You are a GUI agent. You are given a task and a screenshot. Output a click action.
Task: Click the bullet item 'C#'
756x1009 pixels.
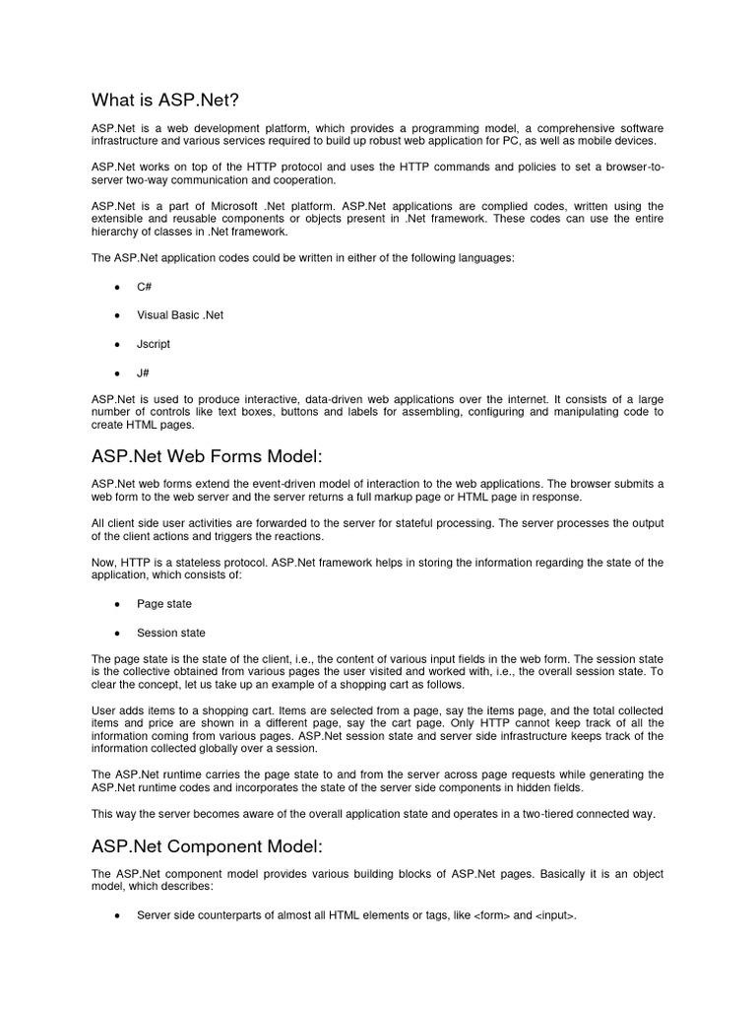(144, 286)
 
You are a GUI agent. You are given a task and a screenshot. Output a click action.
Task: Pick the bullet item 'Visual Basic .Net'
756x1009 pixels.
(180, 315)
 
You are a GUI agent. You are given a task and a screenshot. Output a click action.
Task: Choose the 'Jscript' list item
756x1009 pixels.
(154, 345)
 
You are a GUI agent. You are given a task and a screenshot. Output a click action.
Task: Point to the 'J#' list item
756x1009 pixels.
(143, 374)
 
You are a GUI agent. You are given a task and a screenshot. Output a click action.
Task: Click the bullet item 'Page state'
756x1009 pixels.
(164, 604)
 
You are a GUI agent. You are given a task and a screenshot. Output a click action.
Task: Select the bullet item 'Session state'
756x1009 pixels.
(171, 634)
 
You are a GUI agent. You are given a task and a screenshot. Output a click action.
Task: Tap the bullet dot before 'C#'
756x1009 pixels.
(117, 286)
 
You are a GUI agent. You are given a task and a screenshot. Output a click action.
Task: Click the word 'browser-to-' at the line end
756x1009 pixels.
(631, 167)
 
